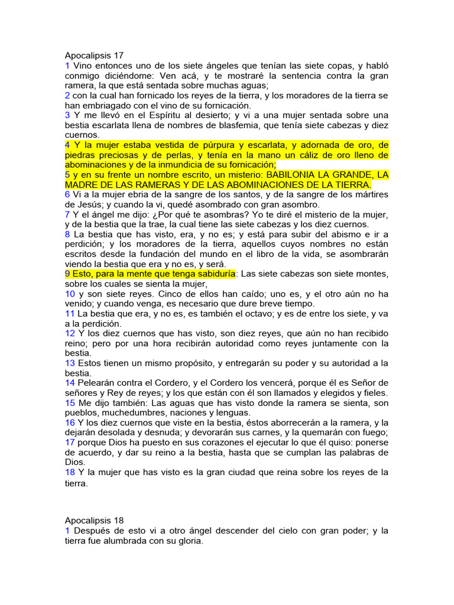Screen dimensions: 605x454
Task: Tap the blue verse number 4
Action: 67,145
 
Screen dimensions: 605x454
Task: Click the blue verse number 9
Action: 67,274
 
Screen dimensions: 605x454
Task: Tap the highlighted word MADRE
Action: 81,185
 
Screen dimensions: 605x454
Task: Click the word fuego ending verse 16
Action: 374,432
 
